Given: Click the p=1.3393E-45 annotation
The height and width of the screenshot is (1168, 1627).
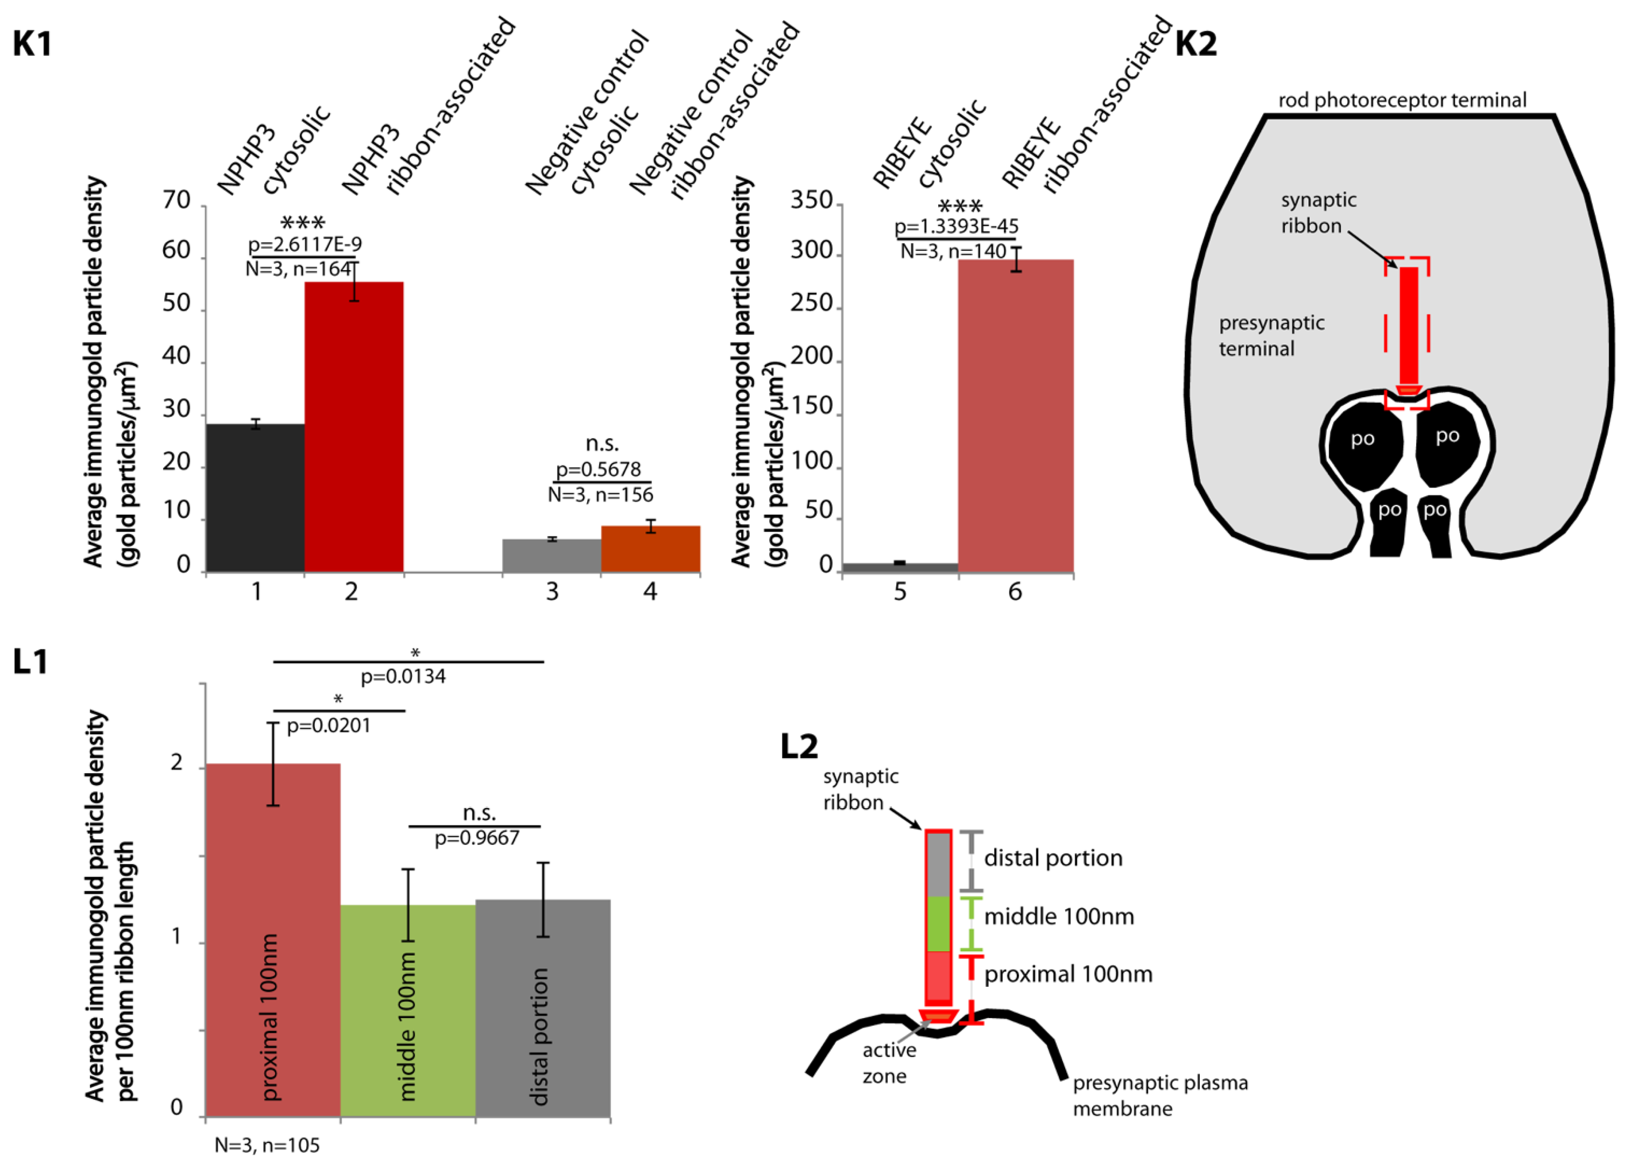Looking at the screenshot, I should point(956,227).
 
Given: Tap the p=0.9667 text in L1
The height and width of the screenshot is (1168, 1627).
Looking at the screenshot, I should point(476,838).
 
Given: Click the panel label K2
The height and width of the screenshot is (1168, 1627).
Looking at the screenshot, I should point(1196,44).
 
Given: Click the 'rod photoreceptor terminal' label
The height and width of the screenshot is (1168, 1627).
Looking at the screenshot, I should point(1403,100).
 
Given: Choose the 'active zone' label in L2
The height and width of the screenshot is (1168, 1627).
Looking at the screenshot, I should point(888,1062).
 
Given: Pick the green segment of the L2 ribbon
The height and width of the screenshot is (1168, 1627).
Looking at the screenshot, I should point(938,923).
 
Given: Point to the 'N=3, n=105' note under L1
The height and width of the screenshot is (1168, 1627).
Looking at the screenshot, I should point(267,1145).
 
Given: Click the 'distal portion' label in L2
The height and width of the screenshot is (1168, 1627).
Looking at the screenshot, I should point(1052,858).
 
